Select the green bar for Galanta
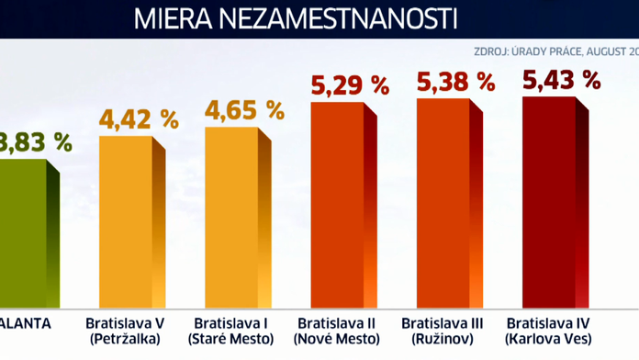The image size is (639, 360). [23, 234]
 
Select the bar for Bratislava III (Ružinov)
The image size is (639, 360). [443, 202]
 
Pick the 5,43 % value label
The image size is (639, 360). [561, 80]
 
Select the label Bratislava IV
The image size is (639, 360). [549, 323]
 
